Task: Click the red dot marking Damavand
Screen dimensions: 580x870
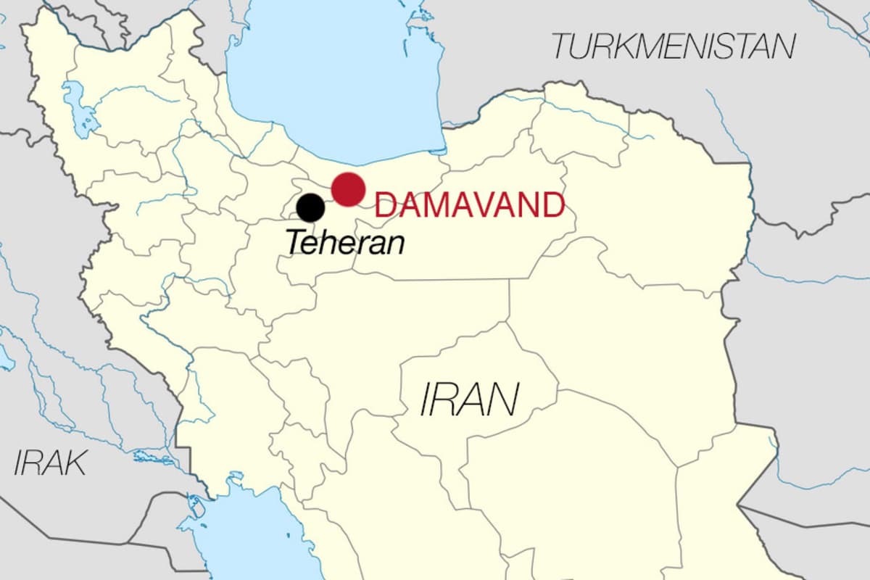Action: (348, 189)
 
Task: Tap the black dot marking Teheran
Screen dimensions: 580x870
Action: (311, 208)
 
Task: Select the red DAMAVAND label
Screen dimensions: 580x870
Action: (469, 205)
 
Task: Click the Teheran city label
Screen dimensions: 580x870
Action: (344, 241)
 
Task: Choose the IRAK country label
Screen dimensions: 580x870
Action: (50, 463)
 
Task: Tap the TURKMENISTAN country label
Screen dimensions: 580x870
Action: (674, 46)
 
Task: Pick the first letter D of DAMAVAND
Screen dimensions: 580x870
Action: (385, 205)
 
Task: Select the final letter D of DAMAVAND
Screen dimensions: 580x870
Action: (553, 205)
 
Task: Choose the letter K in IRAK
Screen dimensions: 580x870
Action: (75, 463)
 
